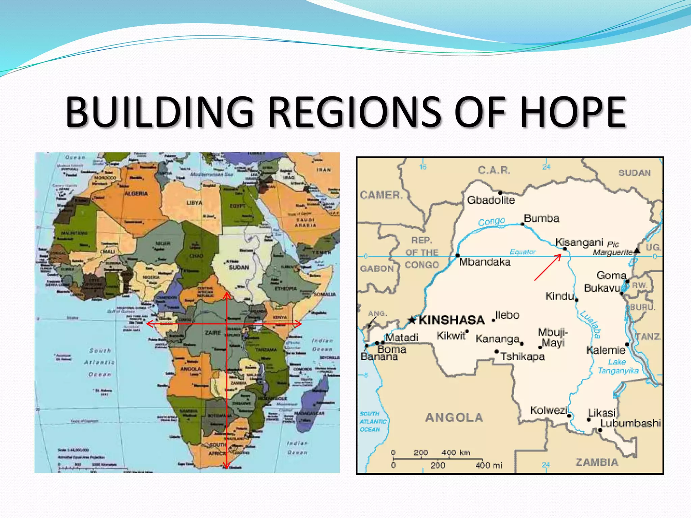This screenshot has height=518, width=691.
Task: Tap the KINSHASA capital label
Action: pos(451,320)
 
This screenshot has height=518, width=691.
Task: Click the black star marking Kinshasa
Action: pos(412,320)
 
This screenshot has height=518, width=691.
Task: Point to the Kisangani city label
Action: pos(579,242)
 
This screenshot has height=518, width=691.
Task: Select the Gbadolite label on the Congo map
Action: pos(491,200)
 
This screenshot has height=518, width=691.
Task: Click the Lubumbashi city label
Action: pos(630,423)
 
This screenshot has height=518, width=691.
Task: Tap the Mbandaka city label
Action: pos(485,262)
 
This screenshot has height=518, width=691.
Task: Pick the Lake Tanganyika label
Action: pos(618,366)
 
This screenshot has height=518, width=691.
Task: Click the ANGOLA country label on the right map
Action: pos(454,418)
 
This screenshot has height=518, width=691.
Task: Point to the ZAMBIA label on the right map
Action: pos(597,462)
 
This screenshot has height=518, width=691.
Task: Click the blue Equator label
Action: pos(523,252)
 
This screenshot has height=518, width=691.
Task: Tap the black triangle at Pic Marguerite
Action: pos(637,250)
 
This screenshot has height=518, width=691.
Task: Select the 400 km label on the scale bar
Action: pos(455,453)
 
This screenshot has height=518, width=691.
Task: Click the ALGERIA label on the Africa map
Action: pos(136,194)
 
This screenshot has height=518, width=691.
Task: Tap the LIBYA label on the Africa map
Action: pos(194,203)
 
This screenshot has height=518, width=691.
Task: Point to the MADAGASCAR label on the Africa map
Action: pos(309,413)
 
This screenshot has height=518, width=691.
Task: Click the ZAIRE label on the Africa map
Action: pos(213,333)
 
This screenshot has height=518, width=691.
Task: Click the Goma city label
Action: pos(611,276)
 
